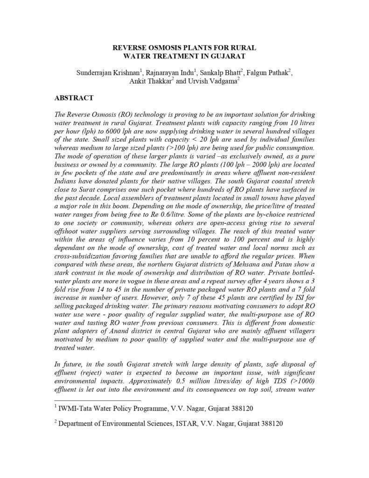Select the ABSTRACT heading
click(x=74, y=98)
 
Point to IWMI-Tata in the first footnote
click(x=73, y=409)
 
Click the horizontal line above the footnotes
click(x=97, y=400)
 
